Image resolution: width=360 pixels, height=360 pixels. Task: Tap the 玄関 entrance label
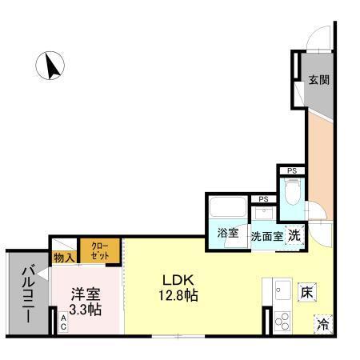coord(319,80)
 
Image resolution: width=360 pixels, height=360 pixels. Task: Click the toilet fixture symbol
coord(293,191)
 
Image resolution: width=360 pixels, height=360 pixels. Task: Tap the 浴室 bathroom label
coord(228,234)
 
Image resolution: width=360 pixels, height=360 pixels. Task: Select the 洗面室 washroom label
coord(266,236)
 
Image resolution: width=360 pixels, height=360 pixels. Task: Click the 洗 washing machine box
coord(294,235)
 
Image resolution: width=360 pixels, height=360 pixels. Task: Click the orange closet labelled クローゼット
coord(100,250)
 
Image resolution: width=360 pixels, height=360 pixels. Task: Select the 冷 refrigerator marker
coord(323,324)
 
